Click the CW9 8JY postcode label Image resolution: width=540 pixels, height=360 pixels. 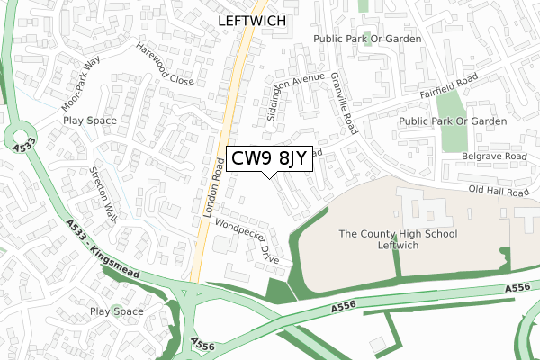coord(270,158)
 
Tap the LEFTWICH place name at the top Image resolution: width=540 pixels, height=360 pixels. coord(251,17)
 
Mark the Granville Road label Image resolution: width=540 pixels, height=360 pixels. coord(345,104)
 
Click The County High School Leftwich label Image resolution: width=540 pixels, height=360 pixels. coord(398,240)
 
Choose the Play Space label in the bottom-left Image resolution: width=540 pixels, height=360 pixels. coord(116,312)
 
